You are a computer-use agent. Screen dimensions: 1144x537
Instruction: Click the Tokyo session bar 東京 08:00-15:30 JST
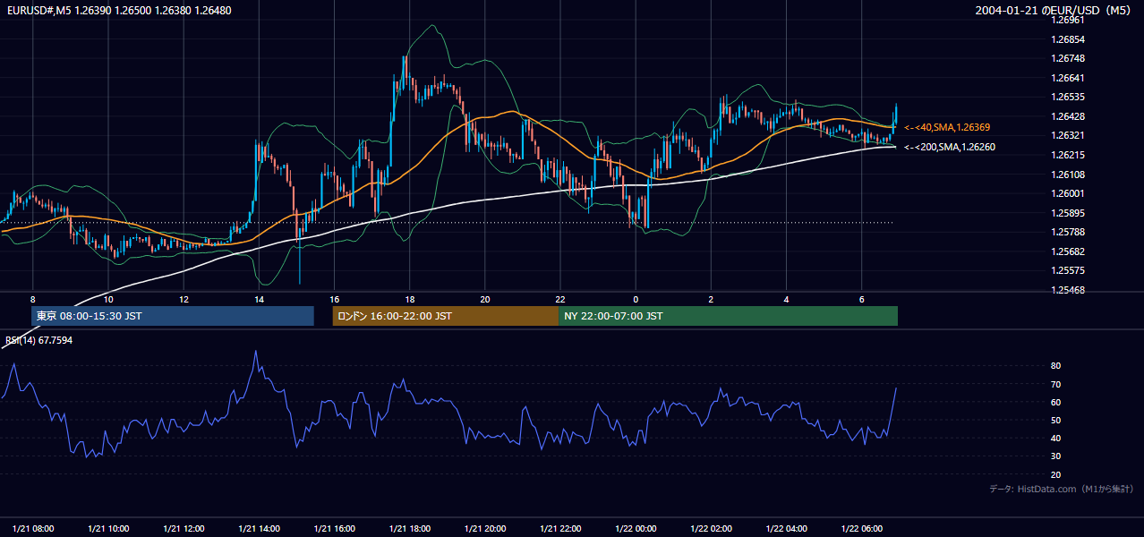tap(172, 316)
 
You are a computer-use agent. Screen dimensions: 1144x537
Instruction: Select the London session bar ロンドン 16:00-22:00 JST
tap(446, 316)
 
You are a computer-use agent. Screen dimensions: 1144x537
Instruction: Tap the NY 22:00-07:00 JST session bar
tap(729, 316)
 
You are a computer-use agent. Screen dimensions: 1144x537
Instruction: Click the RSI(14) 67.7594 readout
tap(38, 340)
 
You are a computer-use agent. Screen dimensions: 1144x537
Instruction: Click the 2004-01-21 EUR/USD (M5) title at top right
tap(1053, 10)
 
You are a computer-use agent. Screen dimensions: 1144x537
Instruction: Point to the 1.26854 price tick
tap(1068, 39)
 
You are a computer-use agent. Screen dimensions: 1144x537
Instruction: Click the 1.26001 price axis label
tap(1068, 193)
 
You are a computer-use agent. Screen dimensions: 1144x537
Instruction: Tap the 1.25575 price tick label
tap(1068, 270)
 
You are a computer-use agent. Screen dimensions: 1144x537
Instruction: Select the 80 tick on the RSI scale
tap(1055, 365)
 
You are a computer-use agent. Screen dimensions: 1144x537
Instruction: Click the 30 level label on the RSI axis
tap(1055, 456)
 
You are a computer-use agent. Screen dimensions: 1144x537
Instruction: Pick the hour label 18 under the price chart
tap(410, 300)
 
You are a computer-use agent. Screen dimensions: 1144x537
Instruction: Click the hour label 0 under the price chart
tap(636, 300)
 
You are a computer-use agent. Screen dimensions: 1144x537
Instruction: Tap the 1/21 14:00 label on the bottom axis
tap(259, 528)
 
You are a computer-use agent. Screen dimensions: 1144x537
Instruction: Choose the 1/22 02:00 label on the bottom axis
tap(711, 528)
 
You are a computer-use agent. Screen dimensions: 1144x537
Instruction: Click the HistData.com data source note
tap(1062, 489)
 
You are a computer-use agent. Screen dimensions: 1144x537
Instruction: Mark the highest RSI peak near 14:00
tap(256, 351)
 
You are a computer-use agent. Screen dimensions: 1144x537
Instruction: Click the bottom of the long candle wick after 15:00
tap(300, 284)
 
